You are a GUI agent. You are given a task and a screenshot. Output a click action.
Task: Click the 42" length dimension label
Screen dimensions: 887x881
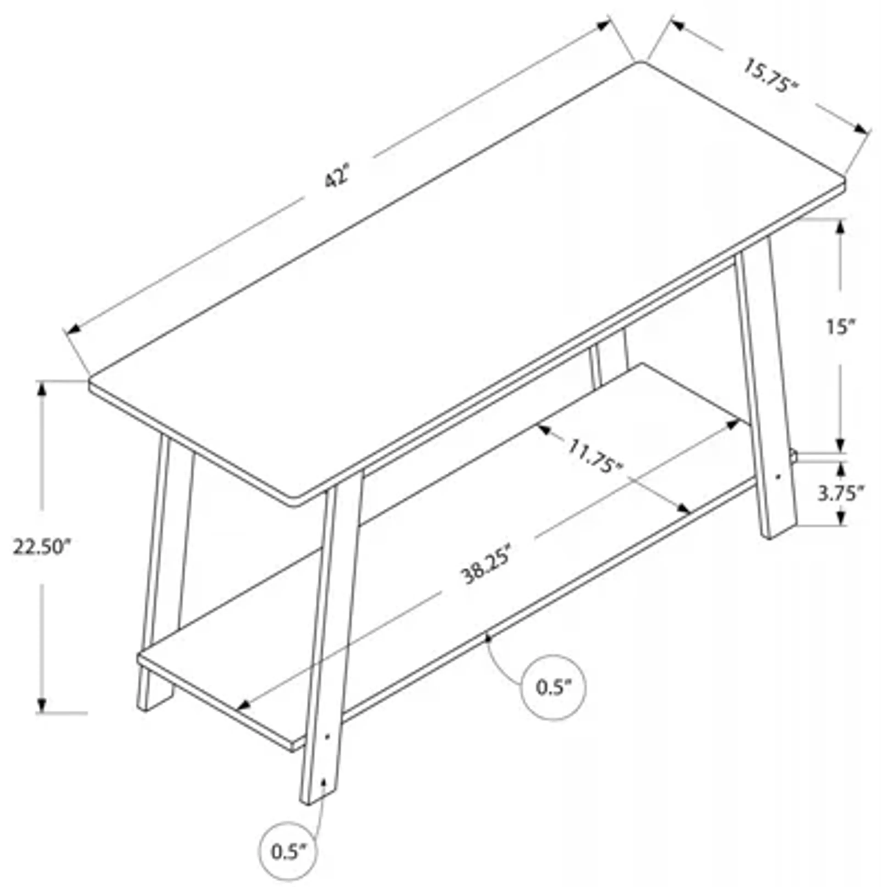pyautogui.click(x=338, y=176)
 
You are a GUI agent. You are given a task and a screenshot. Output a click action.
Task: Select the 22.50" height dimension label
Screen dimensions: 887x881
pyautogui.click(x=42, y=547)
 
